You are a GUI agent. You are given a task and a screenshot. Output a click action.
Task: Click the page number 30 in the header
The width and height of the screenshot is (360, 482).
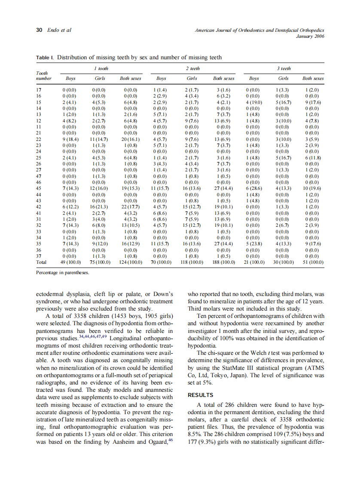pyautogui.click(x=39, y=30)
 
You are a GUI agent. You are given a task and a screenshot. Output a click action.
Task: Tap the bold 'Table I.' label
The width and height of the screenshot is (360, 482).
pyautogui.click(x=45, y=57)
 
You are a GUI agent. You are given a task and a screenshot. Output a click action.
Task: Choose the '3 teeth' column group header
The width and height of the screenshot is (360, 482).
pyautogui.click(x=284, y=68)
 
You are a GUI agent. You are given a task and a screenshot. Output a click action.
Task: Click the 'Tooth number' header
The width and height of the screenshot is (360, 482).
pyautogui.click(x=44, y=76)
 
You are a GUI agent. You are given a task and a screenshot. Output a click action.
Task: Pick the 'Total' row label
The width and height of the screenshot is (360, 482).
pyautogui.click(x=42, y=262)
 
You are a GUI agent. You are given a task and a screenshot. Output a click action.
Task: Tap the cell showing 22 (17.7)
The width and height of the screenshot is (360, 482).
pyautogui.click(x=131, y=206)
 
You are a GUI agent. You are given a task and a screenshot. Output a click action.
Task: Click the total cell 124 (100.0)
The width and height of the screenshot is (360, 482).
pyautogui.click(x=131, y=262)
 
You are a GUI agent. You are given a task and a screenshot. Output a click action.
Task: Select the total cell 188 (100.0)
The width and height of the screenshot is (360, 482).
pyautogui.click(x=223, y=262)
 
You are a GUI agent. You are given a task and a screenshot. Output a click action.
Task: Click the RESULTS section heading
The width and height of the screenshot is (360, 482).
pyautogui.click(x=201, y=395)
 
